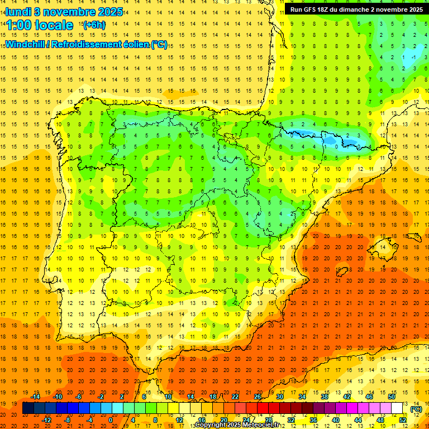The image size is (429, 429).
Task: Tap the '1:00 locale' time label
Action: click(x=39, y=25)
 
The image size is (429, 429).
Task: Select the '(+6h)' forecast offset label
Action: click(x=93, y=25)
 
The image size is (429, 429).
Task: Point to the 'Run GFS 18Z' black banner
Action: click(x=356, y=9)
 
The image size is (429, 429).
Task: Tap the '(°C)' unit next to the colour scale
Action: click(x=416, y=409)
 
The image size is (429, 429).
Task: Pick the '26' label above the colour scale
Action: click(x=258, y=397)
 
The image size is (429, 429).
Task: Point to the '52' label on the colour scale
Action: click(x=403, y=420)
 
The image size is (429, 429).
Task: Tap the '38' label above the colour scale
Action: click(x=325, y=397)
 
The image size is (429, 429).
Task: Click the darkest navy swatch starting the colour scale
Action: click(x=28, y=408)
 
